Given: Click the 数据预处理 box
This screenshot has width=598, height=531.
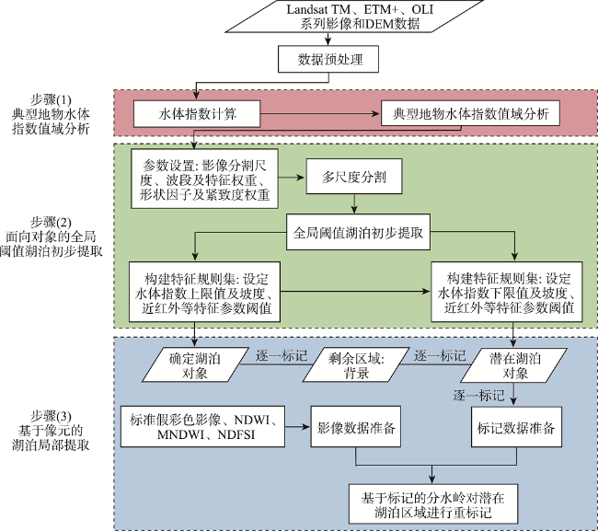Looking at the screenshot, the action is pos(328,59).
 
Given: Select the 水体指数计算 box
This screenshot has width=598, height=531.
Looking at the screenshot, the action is pos(197,114).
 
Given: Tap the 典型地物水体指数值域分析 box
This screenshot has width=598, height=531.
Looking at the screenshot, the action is pos(470,113).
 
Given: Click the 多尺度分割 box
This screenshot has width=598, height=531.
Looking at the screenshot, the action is pos(354,177).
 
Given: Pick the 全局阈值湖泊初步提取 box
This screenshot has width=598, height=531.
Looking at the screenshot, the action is pos(358,232).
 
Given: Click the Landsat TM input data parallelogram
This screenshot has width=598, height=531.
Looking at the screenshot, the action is pos(355,17).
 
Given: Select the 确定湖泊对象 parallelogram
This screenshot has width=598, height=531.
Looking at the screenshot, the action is pos(194,364).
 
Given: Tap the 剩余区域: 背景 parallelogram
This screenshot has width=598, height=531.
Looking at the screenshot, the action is pos(356,364).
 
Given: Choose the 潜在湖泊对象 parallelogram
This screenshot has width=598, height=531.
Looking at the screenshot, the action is pos(513,364).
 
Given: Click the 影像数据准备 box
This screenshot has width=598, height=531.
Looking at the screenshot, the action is pos(355,426).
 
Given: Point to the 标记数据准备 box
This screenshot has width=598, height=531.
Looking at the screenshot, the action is pos(516,426).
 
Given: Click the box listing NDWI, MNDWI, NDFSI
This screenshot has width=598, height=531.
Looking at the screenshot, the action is pos(202,426).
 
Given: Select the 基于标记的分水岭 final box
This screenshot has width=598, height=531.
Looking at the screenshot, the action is pos(433,504).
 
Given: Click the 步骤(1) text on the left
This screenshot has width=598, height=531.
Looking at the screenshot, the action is pos(51,99).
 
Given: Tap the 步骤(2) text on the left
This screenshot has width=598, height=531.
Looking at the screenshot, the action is pos(51,222).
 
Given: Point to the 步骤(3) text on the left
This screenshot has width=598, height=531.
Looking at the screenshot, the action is pos(51,416).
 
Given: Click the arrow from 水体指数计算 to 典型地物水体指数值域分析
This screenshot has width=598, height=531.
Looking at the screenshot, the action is pos(320,114).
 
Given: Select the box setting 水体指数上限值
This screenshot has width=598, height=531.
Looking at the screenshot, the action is pos(204,292).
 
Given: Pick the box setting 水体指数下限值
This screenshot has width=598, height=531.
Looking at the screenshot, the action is pos(507,292).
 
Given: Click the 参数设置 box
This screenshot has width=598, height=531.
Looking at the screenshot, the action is pos(204,179).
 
